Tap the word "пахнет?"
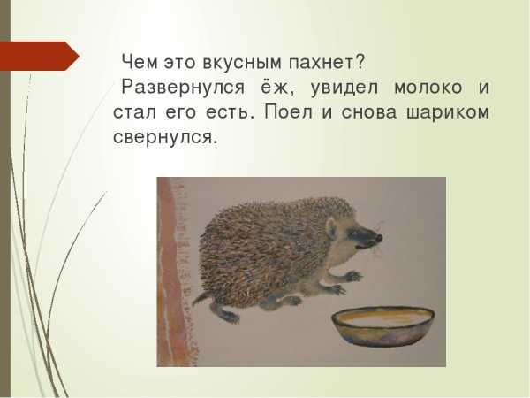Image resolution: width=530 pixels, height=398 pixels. [326, 63]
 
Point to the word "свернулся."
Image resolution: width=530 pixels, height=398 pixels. [164, 140]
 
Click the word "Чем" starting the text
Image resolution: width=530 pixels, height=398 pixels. [138, 63]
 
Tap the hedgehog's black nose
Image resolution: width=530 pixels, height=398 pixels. [379, 237]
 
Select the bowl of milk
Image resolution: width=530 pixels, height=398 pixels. [383, 327]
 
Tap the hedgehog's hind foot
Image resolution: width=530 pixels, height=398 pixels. [229, 315]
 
